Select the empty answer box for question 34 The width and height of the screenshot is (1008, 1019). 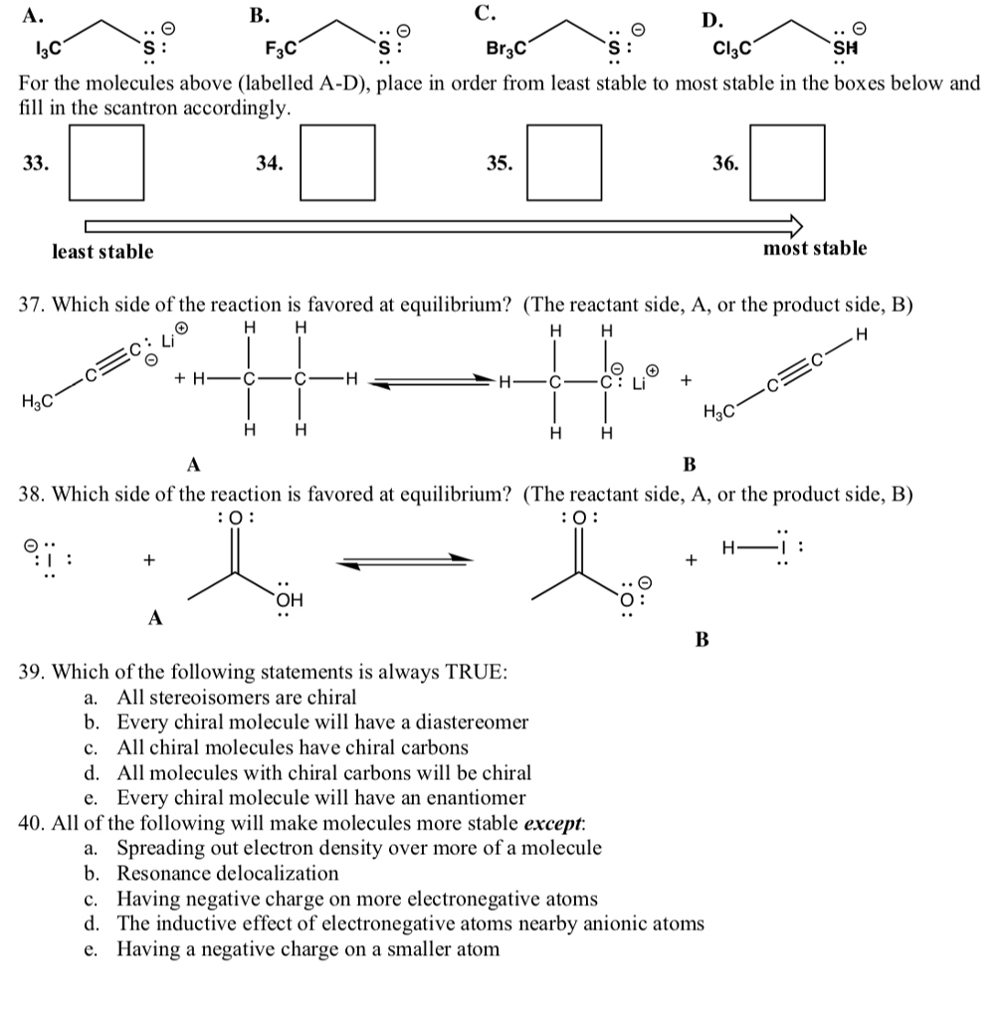click(x=337, y=161)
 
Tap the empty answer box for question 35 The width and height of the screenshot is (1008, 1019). click(x=564, y=161)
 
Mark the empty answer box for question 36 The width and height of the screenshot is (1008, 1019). click(x=788, y=161)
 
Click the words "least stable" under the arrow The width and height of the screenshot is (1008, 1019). click(x=102, y=252)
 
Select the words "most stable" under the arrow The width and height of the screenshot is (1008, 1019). click(x=815, y=249)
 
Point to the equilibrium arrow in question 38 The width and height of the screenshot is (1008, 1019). click(x=402, y=562)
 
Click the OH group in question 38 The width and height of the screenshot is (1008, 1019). click(x=290, y=599)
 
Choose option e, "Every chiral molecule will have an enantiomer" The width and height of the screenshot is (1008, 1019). click(x=321, y=798)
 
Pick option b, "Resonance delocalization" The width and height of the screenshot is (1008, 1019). click(x=228, y=874)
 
